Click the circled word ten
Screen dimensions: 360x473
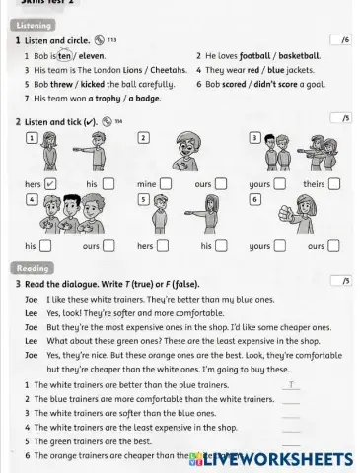(66, 56)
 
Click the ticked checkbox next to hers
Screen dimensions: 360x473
(51, 183)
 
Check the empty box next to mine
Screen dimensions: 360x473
(166, 183)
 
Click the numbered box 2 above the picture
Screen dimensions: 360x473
(143, 136)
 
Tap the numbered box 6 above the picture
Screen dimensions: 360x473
(255, 198)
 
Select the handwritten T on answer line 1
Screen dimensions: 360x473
(292, 384)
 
